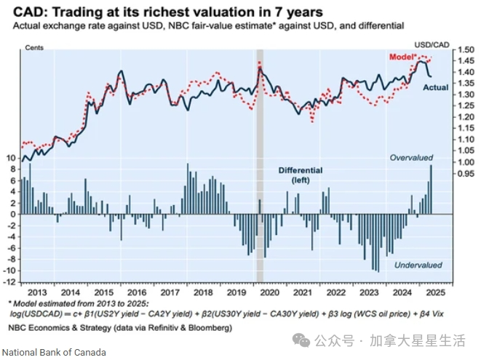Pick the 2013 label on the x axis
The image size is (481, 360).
[39, 292]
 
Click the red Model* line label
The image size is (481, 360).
[403, 57]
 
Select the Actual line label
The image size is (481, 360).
[435, 87]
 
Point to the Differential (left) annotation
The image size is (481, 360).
[300, 175]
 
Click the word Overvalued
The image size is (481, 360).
[411, 158]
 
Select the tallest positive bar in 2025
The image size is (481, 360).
[431, 189]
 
